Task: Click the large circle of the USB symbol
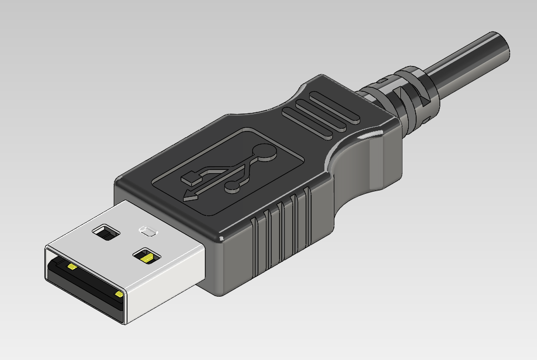pos(264,152)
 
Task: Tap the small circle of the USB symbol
pos(232,186)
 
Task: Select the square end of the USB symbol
pos(191,178)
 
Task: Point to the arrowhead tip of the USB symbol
pos(186,200)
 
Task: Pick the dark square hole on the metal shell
pos(107,232)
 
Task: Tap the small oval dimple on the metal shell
pos(147,231)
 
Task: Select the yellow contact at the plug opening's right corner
pos(120,294)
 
